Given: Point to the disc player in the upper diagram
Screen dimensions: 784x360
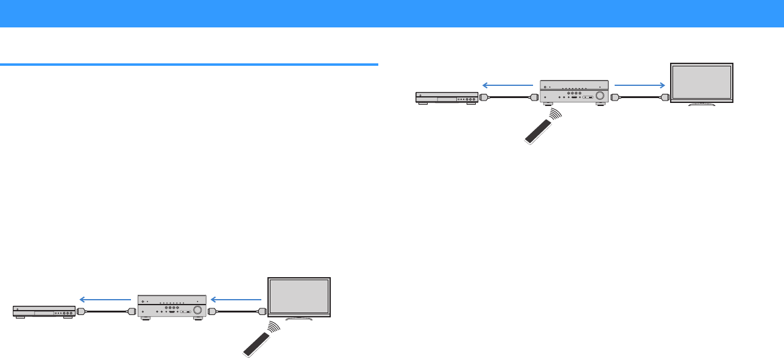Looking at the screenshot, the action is pos(447,97).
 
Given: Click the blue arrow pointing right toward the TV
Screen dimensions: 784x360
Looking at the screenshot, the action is pos(638,85).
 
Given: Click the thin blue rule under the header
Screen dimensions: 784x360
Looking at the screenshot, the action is pos(189,64).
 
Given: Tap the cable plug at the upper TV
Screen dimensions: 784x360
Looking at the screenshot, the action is pos(665,97).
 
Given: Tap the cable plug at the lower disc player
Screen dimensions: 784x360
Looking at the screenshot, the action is pos(81,312).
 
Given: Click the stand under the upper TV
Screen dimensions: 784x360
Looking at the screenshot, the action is pos(701,104).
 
